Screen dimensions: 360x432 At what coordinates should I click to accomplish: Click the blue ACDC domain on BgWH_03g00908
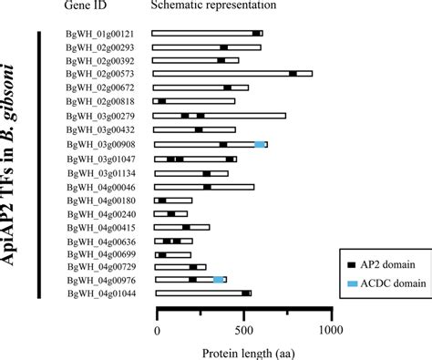click(x=260, y=145)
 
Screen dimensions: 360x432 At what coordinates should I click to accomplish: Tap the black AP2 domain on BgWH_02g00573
click(x=293, y=75)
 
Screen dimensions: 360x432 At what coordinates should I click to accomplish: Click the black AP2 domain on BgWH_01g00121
click(x=256, y=34)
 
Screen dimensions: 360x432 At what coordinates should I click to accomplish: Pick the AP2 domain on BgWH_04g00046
click(x=208, y=187)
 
